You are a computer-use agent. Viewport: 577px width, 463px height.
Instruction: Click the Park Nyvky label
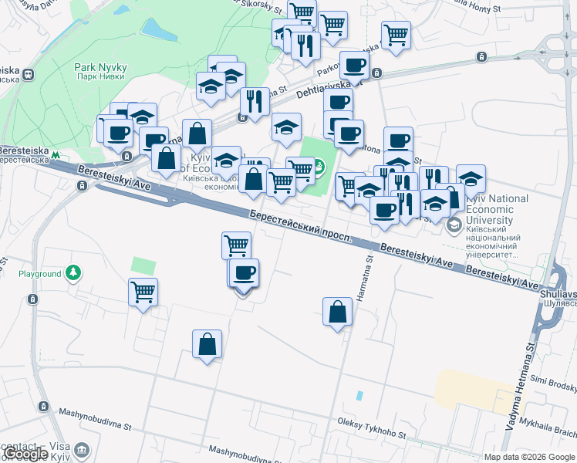point(100,73)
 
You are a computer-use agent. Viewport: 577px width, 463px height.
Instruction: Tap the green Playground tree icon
point(73,273)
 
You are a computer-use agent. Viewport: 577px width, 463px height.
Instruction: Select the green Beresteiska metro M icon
point(56,155)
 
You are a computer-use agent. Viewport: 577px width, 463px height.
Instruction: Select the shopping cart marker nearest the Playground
point(143,292)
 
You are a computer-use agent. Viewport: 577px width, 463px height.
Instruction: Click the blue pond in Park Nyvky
point(158,29)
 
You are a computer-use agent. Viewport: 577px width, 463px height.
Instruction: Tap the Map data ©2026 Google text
point(529,457)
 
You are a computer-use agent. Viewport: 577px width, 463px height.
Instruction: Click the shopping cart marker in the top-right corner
point(396,35)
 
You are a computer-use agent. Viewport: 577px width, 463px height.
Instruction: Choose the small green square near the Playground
point(143,266)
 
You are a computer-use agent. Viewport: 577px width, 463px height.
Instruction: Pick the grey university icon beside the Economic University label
point(454,225)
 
